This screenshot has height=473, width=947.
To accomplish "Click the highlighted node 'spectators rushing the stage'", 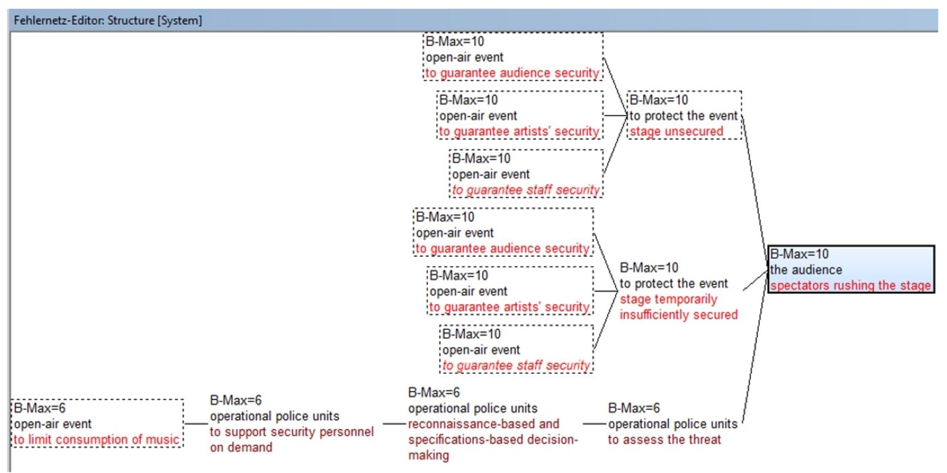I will (x=850, y=286).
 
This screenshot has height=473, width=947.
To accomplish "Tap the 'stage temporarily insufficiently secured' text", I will (x=678, y=307).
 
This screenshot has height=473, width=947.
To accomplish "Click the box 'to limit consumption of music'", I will (x=97, y=440).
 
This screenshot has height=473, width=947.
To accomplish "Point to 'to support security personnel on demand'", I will (x=292, y=439).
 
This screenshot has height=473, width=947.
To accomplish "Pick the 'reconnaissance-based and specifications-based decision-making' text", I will (x=493, y=439).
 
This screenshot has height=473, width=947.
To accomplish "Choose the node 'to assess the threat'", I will (x=664, y=440).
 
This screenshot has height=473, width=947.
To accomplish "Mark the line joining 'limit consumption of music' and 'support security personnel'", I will (x=196, y=424).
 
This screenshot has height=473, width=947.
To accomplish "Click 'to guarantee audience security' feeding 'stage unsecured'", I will (x=513, y=73).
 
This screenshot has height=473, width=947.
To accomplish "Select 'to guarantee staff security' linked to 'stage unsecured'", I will (x=526, y=190).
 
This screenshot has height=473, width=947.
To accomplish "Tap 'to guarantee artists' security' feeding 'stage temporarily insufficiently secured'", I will (x=509, y=307).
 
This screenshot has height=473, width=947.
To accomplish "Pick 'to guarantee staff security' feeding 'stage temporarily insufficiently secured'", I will (x=516, y=366).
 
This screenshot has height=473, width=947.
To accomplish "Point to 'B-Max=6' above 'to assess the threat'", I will (x=634, y=408).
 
